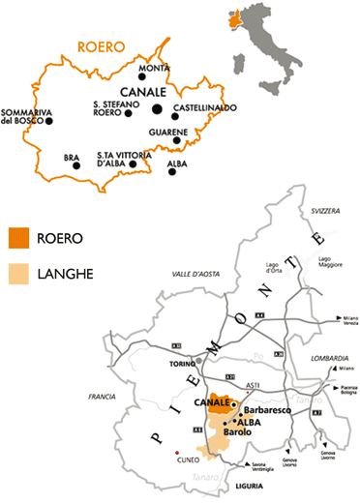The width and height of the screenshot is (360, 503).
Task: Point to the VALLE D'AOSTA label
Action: [x=192, y=274]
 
